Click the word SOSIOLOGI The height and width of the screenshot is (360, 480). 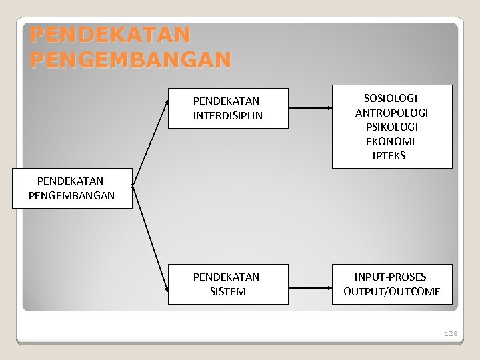click(x=391, y=98)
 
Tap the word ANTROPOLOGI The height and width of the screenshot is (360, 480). click(x=391, y=113)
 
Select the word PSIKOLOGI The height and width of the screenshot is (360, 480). click(x=391, y=127)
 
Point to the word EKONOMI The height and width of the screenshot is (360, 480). click(x=391, y=141)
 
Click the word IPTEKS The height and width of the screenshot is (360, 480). click(x=391, y=156)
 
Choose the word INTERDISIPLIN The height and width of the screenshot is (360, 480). click(x=227, y=115)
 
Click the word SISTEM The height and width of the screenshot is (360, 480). click(x=227, y=291)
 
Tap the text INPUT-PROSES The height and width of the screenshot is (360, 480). click(x=391, y=277)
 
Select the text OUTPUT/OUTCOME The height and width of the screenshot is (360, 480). click(x=391, y=291)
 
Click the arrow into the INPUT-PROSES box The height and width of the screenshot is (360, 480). click(x=310, y=284)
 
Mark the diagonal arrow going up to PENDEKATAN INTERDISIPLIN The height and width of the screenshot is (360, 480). click(x=150, y=143)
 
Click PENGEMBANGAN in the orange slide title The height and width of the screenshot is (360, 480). click(x=130, y=60)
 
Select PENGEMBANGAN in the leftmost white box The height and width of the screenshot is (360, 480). click(x=72, y=196)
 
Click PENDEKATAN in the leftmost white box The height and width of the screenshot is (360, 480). click(x=71, y=181)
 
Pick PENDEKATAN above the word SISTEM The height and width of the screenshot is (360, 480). click(x=227, y=277)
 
